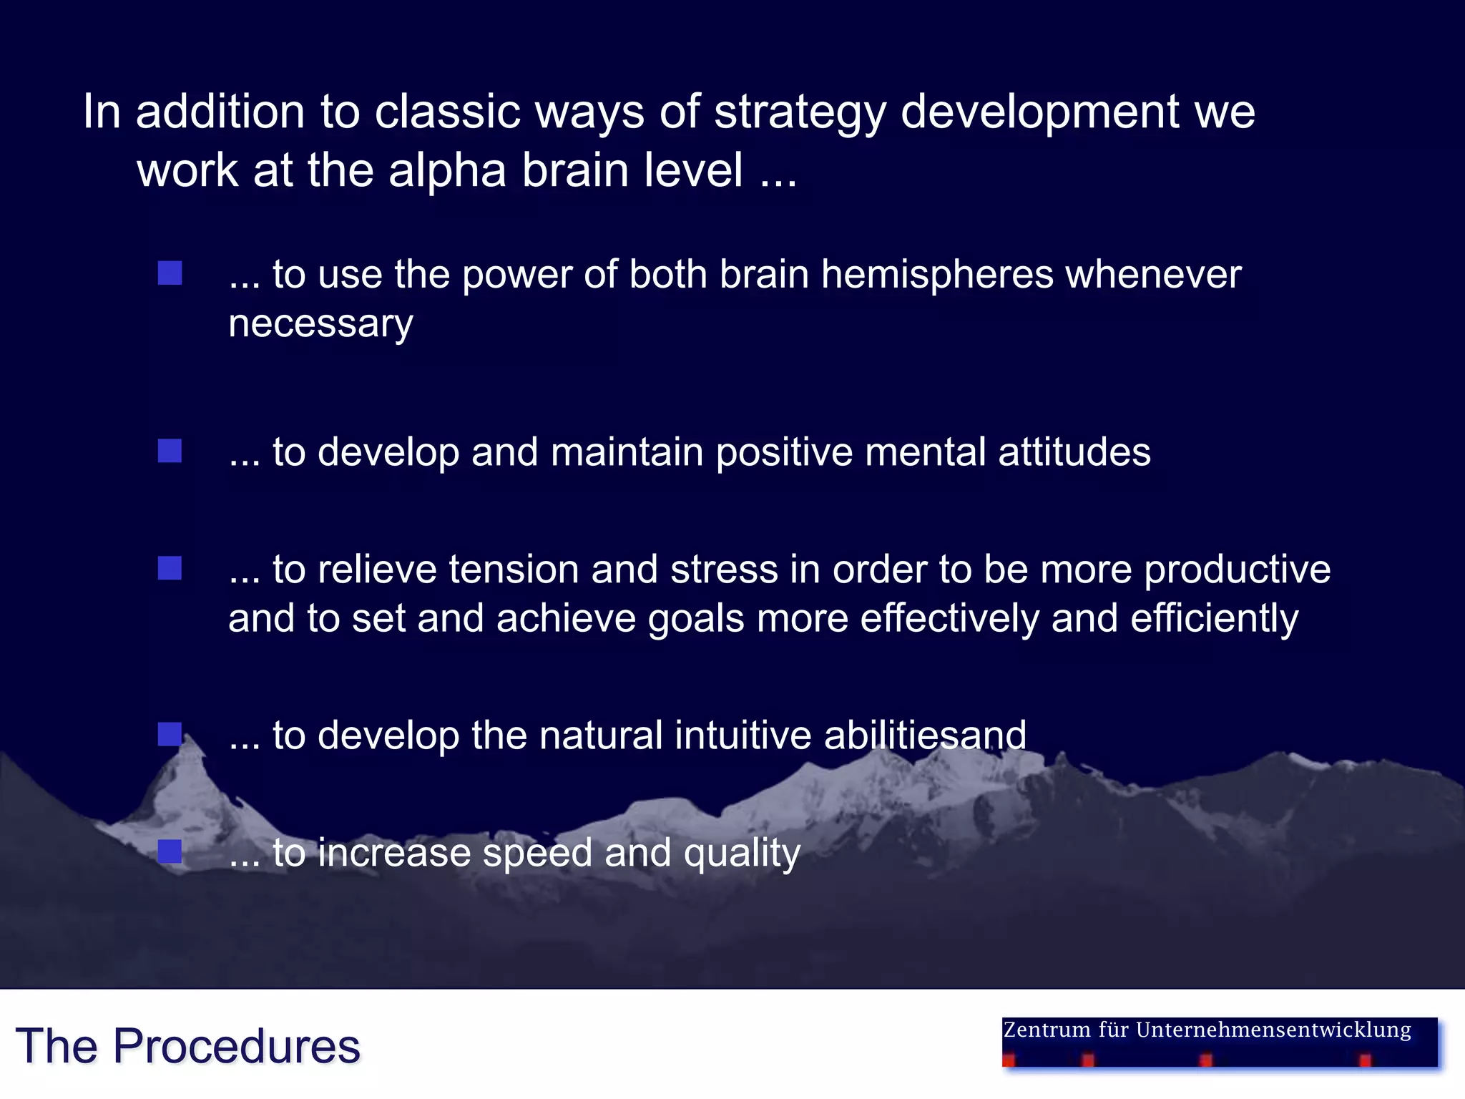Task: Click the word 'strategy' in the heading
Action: (x=800, y=113)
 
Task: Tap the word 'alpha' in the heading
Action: (x=447, y=171)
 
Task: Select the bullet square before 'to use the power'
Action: (x=170, y=273)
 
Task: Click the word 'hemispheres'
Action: (x=936, y=275)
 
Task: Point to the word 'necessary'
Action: (x=320, y=324)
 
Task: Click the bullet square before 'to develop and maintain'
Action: (x=170, y=451)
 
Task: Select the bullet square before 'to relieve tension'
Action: (x=170, y=568)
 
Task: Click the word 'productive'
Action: (x=1237, y=570)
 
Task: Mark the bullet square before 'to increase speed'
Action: (x=170, y=851)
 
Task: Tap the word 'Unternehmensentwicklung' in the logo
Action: (x=1273, y=1030)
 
